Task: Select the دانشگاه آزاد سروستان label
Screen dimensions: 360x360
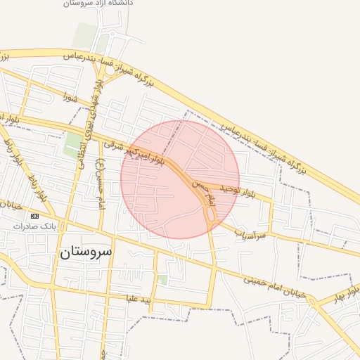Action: (98, 4)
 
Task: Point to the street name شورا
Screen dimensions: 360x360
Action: (68, 96)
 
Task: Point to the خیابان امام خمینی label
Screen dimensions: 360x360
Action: (275, 287)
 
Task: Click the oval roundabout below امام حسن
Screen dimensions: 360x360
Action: (210, 214)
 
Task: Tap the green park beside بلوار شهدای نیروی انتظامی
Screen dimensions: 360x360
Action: (73, 144)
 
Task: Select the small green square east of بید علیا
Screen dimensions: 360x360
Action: (162, 280)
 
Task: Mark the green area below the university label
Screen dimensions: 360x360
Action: (86, 35)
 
